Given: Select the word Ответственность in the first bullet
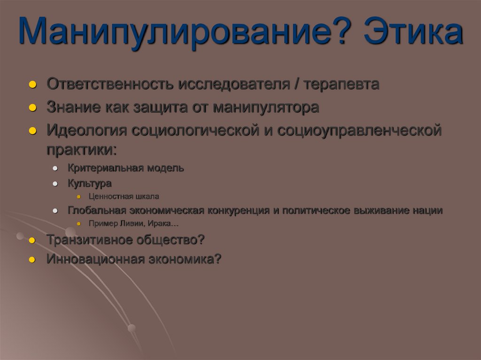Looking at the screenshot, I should coord(110,84).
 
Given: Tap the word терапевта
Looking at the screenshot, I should coord(341,84).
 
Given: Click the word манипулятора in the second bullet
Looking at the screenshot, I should coord(266,107).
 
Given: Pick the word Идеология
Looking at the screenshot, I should coord(86,130).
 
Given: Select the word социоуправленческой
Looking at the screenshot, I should coord(359,130).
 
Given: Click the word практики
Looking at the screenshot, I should coord(80,150).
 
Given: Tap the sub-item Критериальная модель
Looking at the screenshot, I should coord(126,168).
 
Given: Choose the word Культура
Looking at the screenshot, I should coord(90,183).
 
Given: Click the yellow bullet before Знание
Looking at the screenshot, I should coord(32,108).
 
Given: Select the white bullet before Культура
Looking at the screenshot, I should coord(55,184).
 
